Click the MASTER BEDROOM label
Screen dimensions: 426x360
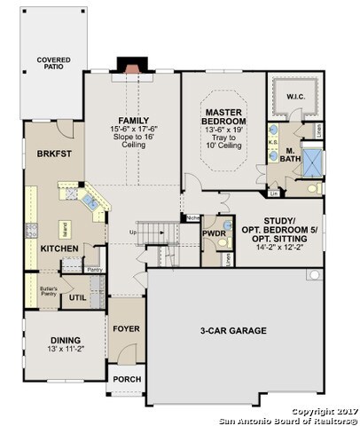(x=223, y=116)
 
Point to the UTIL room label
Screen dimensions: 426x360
(x=77, y=297)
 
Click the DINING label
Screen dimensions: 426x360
(x=64, y=340)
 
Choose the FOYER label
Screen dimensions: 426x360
(x=127, y=328)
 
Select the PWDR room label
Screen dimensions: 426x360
(x=214, y=233)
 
